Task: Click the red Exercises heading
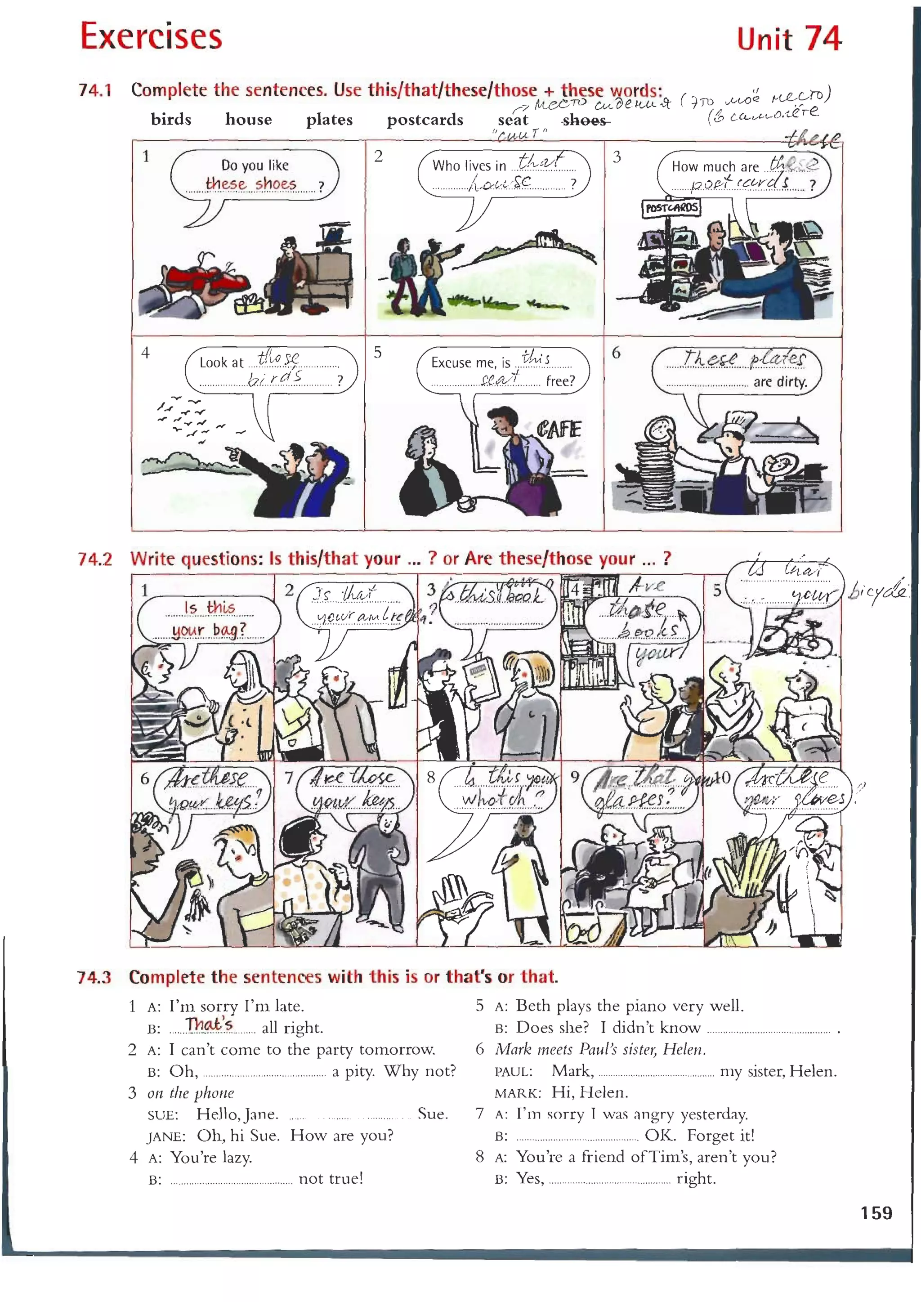pos(151,37)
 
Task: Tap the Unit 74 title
pos(788,39)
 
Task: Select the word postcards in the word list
pos(425,120)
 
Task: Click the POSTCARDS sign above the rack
pos(671,208)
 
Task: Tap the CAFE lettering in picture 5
pos(559,429)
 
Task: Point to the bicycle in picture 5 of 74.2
pos(797,638)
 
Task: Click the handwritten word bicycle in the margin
pos(878,591)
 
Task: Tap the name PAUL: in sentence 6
pos(513,1072)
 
